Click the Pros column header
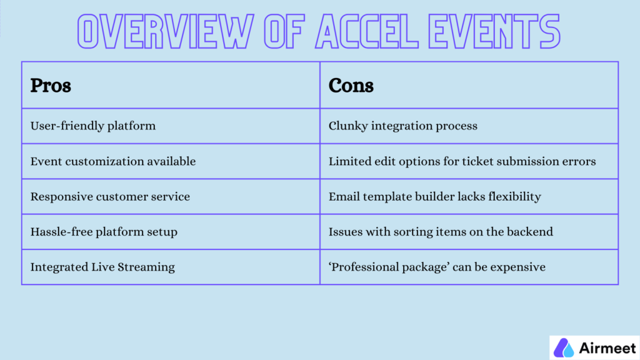coord(51,85)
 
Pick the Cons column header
coord(351,85)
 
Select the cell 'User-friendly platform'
coord(93,126)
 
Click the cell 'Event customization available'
coord(113,161)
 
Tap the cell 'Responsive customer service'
coord(110,196)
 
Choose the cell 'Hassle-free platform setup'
coord(104,232)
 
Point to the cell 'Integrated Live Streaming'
coord(102,267)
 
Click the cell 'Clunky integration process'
coord(403,126)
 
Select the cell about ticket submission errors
coord(462,161)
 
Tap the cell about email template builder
coord(434,196)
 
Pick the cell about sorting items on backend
coord(441,232)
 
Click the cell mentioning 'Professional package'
coord(437,267)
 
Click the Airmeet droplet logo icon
coord(565,347)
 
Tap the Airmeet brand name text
coord(607,347)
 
